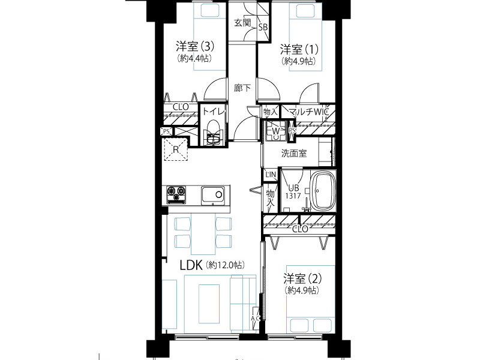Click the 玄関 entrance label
click(243, 23)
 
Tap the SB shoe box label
click(263, 27)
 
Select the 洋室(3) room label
click(195, 47)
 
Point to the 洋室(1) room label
click(299, 49)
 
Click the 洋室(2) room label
click(302, 278)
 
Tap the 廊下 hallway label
click(242, 88)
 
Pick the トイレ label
click(214, 112)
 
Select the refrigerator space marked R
click(176, 149)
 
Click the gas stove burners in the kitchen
click(176, 194)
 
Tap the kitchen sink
click(213, 196)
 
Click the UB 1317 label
click(293, 192)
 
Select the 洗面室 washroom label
click(294, 154)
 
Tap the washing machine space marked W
click(275, 131)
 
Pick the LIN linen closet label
click(271, 175)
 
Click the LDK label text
click(191, 265)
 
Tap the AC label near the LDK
click(256, 319)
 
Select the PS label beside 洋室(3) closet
click(166, 131)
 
